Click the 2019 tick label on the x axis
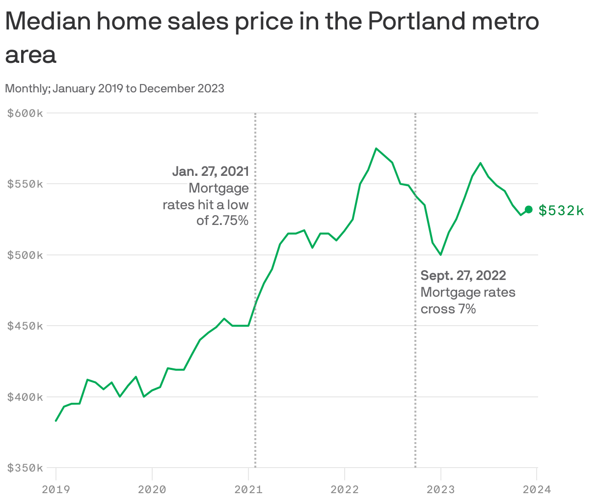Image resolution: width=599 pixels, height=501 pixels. click(56, 489)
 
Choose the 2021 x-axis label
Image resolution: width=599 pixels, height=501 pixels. click(248, 489)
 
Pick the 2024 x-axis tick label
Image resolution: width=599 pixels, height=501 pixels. click(537, 489)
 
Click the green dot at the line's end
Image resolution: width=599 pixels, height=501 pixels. click(529, 210)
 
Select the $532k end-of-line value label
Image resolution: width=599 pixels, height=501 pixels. click(561, 211)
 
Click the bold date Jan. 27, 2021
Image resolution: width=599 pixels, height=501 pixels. click(211, 171)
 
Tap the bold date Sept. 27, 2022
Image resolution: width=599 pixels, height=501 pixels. click(463, 275)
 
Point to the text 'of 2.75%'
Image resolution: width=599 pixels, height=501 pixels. click(222, 221)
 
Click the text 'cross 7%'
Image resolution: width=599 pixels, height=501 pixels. click(448, 309)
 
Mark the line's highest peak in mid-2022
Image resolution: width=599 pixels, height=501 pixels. click(376, 148)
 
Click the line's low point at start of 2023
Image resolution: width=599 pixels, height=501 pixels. click(441, 255)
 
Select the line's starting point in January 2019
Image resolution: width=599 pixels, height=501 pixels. click(56, 420)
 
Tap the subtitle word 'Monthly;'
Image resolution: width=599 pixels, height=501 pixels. click(27, 88)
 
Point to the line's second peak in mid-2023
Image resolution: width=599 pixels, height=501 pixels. click(480, 163)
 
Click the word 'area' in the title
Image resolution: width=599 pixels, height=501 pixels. click(30, 55)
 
